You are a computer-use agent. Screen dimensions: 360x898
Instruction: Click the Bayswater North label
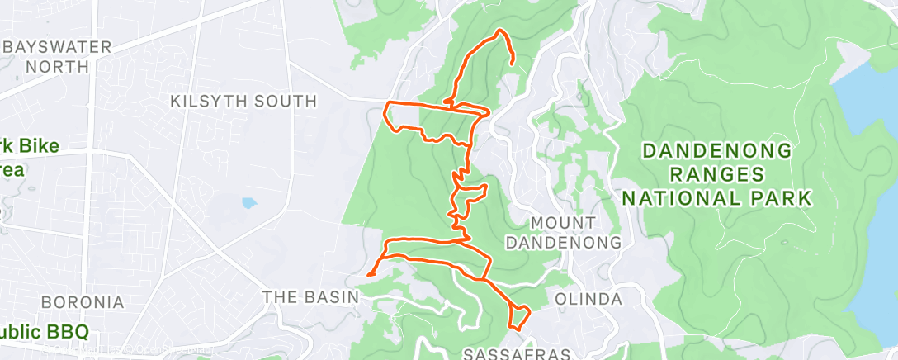click(x=56, y=55)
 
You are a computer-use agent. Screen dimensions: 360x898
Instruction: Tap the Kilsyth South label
click(x=243, y=102)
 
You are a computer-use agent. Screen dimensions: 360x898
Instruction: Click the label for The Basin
click(x=310, y=296)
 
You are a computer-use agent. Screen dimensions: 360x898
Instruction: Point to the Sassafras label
click(x=518, y=353)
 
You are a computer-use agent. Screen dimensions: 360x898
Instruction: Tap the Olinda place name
click(x=588, y=298)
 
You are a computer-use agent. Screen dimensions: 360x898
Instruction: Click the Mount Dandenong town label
click(x=564, y=233)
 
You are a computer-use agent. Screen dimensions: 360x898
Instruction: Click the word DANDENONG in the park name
click(x=717, y=151)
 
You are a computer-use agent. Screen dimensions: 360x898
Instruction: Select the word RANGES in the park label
click(x=717, y=174)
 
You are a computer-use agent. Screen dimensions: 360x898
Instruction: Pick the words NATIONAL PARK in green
click(x=717, y=198)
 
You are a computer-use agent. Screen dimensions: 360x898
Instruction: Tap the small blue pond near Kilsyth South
click(x=249, y=202)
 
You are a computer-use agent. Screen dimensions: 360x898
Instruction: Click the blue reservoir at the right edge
click(x=875, y=206)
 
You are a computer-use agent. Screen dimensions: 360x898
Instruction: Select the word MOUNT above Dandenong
click(x=564, y=223)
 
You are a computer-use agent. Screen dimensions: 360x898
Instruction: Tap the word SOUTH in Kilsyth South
click(x=284, y=102)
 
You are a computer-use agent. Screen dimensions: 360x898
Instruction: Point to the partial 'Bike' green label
click(x=33, y=147)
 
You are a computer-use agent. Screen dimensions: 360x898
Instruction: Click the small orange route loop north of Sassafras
click(x=519, y=317)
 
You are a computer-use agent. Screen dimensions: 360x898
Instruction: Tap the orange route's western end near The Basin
click(x=370, y=273)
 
